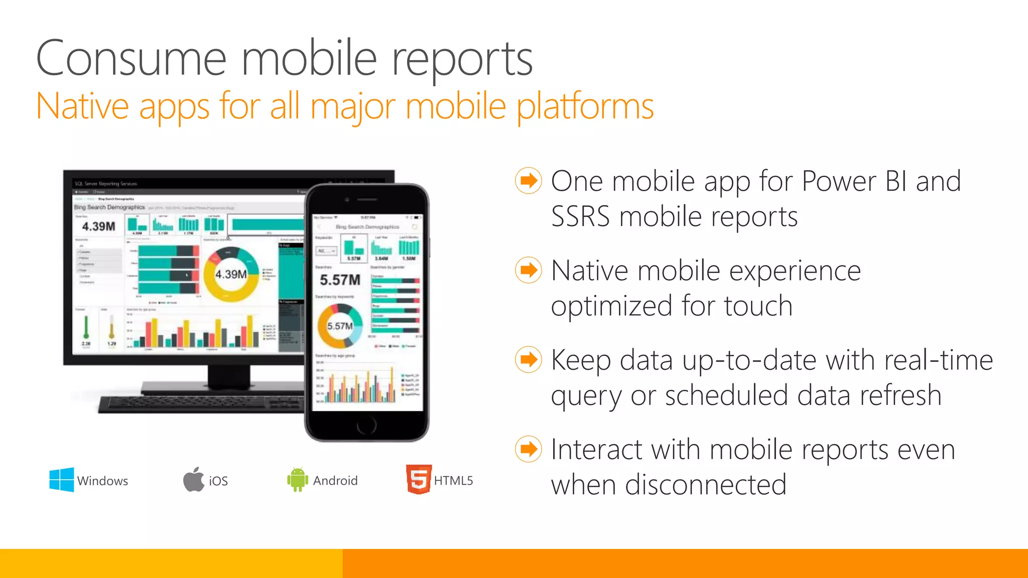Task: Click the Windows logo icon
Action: [61, 480]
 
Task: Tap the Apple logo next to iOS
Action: [194, 480]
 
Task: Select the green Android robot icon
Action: [297, 480]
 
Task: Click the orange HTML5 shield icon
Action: [419, 479]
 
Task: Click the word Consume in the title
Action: [132, 59]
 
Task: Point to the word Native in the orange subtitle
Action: [83, 106]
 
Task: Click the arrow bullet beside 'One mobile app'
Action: [528, 181]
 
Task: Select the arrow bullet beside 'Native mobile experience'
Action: [528, 270]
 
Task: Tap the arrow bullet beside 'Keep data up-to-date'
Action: [528, 360]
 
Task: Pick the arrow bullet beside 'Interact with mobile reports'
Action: [528, 449]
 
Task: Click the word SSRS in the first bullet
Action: [580, 217]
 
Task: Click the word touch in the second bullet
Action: [758, 306]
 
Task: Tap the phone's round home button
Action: [366, 425]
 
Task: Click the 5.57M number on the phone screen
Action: [340, 280]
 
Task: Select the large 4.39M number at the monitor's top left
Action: [98, 227]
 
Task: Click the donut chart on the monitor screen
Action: [231, 274]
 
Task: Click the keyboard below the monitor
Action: [201, 404]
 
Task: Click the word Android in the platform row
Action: [335, 481]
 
